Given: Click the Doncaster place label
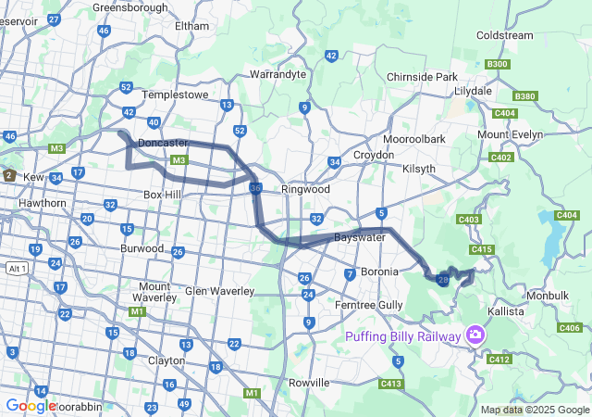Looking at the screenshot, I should (163, 143).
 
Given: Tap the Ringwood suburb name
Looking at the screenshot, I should (305, 189).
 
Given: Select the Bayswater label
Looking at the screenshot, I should (360, 238).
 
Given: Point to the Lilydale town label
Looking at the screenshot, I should (474, 91).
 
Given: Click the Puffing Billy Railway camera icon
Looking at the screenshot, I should (475, 334).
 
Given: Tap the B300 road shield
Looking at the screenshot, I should (497, 64).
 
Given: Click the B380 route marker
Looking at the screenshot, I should (525, 95).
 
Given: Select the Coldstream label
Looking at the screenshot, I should (504, 35).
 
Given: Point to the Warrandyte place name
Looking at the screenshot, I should (277, 73).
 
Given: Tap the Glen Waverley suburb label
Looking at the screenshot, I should (219, 291).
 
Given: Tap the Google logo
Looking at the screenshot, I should (31, 405).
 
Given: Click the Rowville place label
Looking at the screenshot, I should (309, 382).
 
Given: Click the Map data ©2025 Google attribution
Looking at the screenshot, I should (534, 410).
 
